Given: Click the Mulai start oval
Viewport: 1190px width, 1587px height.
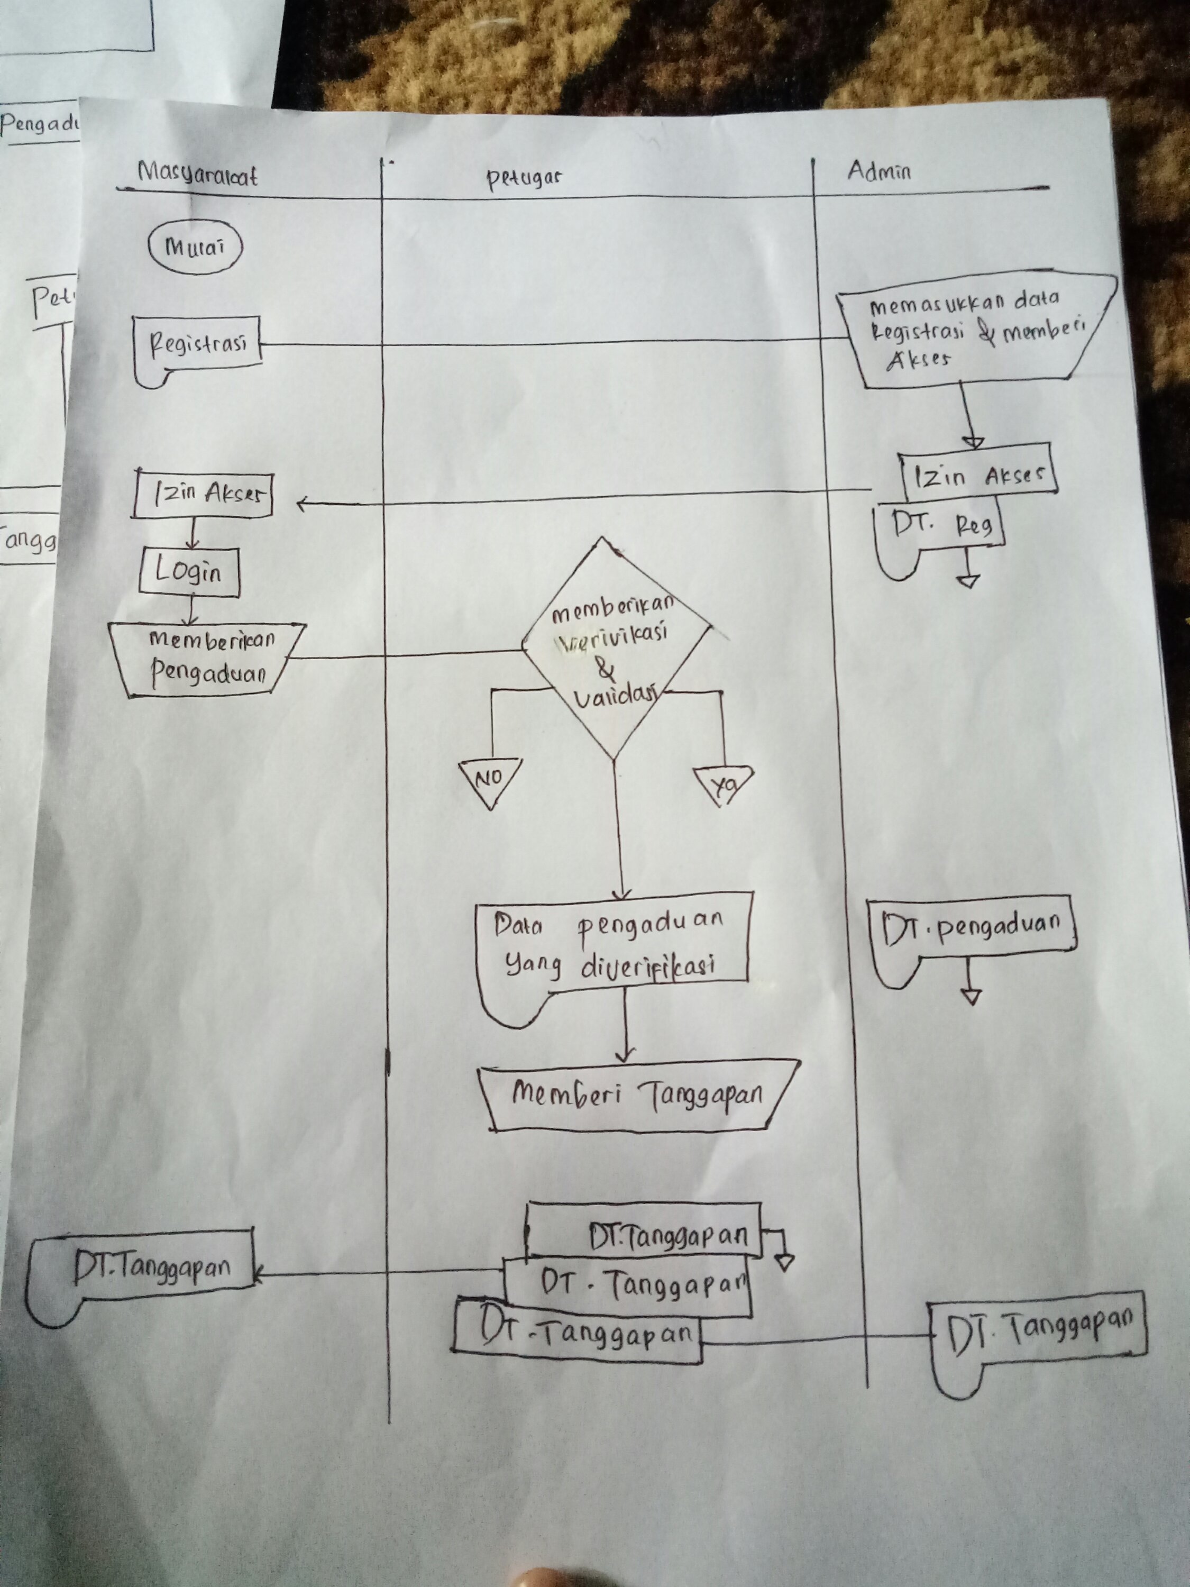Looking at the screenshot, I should coord(195,248).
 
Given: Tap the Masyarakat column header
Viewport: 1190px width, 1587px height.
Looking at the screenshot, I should coord(197,175).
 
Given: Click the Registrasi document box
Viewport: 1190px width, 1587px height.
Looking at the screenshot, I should coord(197,346).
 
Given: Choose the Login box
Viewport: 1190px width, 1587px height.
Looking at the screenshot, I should coord(189,572).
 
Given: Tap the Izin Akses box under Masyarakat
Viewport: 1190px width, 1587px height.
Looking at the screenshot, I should coord(203,494).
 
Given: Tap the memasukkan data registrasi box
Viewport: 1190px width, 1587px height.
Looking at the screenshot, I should coord(979,330).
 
